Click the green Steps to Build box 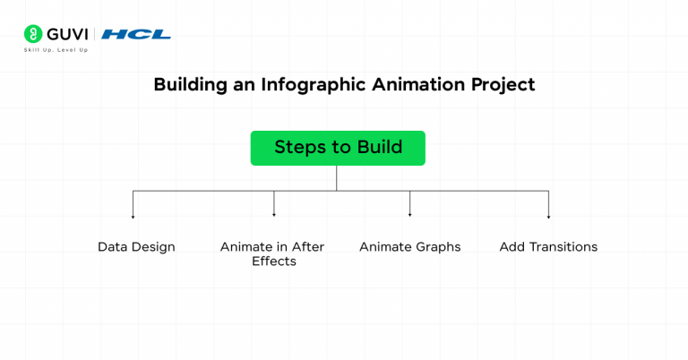coord(338,148)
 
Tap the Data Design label coord(136,246)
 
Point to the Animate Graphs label coord(409,246)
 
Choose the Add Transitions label coord(548,246)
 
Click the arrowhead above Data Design coord(133,216)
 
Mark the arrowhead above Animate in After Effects coord(273,216)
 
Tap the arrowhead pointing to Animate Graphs coord(409,216)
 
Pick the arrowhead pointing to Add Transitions coord(548,216)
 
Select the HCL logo coord(136,34)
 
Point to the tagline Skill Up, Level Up coord(56,50)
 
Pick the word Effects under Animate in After coord(273,261)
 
